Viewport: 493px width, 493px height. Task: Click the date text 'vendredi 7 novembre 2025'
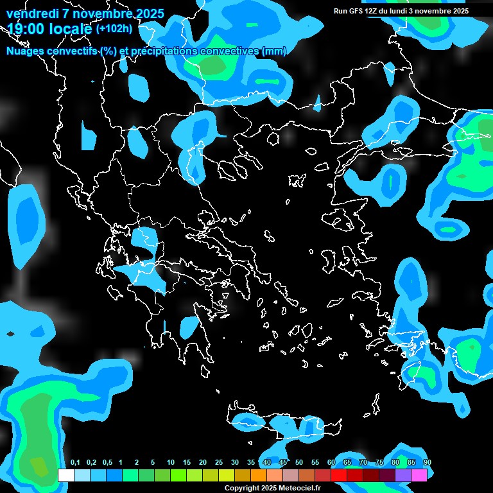85,13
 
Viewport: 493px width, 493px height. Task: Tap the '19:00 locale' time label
49,29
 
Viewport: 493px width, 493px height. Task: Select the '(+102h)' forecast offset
114,28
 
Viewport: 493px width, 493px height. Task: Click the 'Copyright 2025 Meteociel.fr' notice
272,489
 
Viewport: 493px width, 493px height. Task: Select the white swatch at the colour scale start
65,475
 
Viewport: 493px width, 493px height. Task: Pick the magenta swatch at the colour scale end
419,475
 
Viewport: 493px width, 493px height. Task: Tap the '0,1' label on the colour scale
75,463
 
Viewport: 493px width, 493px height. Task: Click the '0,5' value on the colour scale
107,463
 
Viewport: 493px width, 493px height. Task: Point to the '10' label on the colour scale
170,463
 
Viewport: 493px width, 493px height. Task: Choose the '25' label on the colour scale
218,463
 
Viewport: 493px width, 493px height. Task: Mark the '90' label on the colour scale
427,463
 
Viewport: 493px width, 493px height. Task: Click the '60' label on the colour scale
331,463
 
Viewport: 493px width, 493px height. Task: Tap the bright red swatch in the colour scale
339,475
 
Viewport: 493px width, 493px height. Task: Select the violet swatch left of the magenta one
403,475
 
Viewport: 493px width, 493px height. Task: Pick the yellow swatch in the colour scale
226,475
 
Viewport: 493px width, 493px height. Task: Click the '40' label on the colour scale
266,463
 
